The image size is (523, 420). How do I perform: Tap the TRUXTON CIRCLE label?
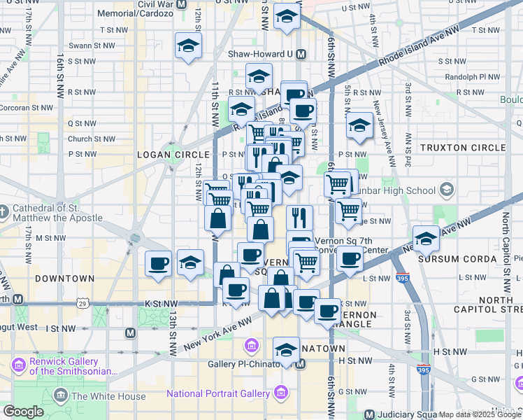tap(462, 148)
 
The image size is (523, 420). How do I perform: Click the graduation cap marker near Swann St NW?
tap(188, 46)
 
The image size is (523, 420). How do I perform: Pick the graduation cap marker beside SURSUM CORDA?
tap(427, 238)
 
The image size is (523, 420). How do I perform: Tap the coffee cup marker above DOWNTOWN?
tap(159, 263)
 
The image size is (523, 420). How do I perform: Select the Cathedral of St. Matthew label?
tap(56, 213)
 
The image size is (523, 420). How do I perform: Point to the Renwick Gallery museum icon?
tap(19, 364)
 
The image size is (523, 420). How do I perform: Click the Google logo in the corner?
tap(23, 412)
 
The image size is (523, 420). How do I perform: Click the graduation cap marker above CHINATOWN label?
tap(285, 350)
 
